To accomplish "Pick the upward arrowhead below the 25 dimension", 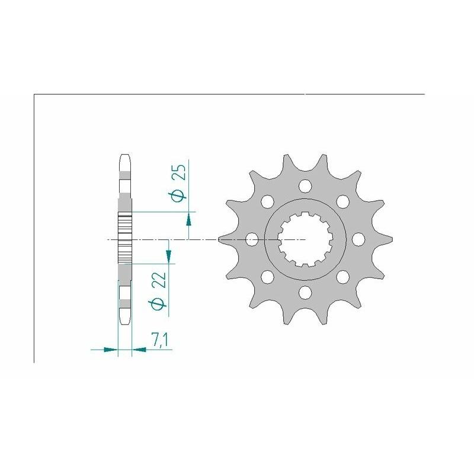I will (188, 220).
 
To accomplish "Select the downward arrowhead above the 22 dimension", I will (169, 255).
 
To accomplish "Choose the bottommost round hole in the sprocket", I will (305, 292).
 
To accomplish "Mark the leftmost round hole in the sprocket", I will (252, 239).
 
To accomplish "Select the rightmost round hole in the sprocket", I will (358, 239).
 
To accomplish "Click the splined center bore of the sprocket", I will (305, 239).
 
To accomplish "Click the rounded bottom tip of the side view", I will (124, 320).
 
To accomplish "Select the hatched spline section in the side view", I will (124, 239).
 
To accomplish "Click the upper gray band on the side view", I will (124, 175).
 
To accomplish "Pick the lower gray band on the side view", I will (124, 305).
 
